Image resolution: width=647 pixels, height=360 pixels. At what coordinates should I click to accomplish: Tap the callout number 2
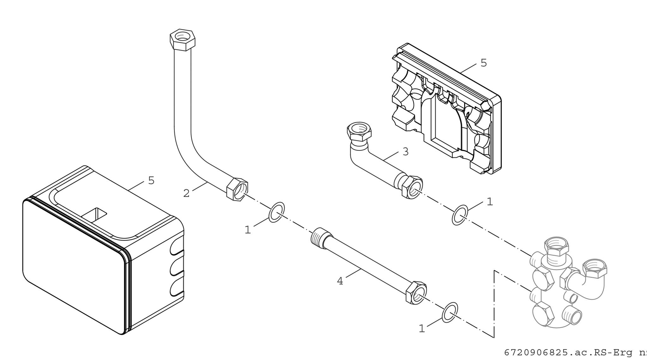(186, 193)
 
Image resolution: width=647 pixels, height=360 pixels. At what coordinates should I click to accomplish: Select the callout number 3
(406, 152)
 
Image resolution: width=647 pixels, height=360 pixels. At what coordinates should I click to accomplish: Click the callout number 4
(340, 281)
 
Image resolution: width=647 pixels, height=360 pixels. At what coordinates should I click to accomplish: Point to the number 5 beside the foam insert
(484, 63)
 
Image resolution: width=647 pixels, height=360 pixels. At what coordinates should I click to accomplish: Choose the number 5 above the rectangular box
(151, 180)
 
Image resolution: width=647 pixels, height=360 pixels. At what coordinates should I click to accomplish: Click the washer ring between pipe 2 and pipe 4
(276, 212)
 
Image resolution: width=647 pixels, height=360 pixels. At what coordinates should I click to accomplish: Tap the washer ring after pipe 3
(460, 215)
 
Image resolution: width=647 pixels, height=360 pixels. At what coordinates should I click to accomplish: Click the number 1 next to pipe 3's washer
(490, 202)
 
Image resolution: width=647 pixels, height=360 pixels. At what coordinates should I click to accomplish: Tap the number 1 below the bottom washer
(422, 329)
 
